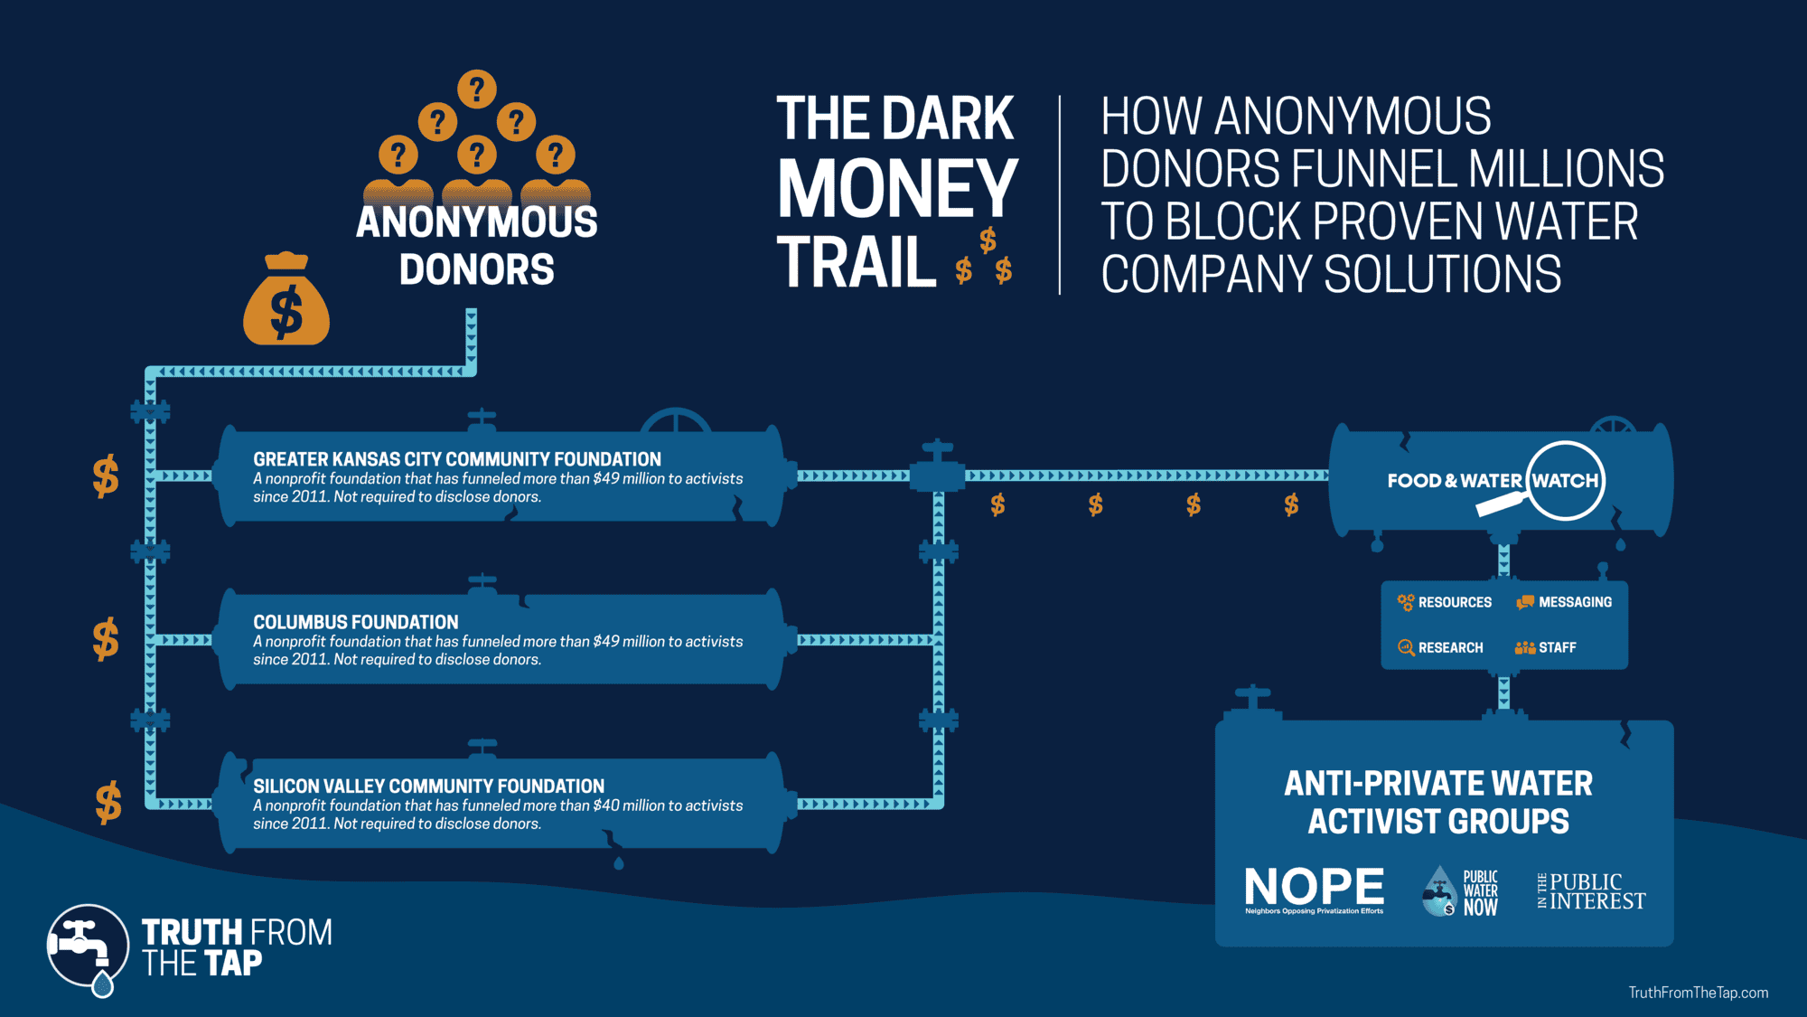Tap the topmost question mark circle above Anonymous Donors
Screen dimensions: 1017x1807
tap(476, 89)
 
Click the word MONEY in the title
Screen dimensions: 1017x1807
tap(897, 189)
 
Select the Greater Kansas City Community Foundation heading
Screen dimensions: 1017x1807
tap(457, 459)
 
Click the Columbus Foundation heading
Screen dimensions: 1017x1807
tap(356, 622)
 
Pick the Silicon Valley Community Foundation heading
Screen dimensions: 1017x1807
tap(428, 786)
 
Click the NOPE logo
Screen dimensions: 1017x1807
tap(1314, 890)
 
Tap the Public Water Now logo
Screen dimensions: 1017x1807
tap(1460, 892)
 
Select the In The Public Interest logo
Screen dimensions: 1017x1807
tap(1591, 891)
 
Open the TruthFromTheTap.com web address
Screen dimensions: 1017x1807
tap(1698, 993)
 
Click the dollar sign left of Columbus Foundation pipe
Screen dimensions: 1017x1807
tap(106, 639)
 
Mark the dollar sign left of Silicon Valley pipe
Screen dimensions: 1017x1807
tap(108, 803)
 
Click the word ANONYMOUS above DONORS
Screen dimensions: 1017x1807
tap(476, 222)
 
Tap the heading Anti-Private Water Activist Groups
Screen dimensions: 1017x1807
tap(1438, 803)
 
